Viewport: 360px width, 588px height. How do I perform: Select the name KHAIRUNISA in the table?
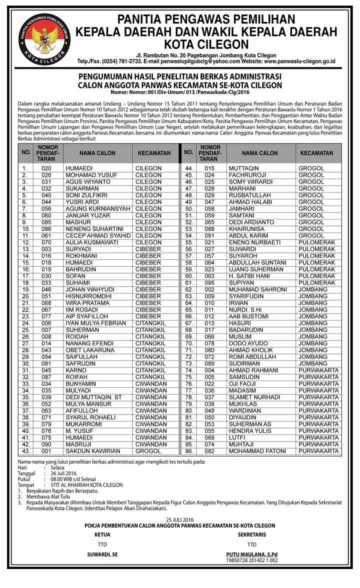[247, 228]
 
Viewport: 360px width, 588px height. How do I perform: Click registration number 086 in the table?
[46, 228]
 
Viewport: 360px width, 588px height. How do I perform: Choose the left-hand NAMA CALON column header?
[97, 153]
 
